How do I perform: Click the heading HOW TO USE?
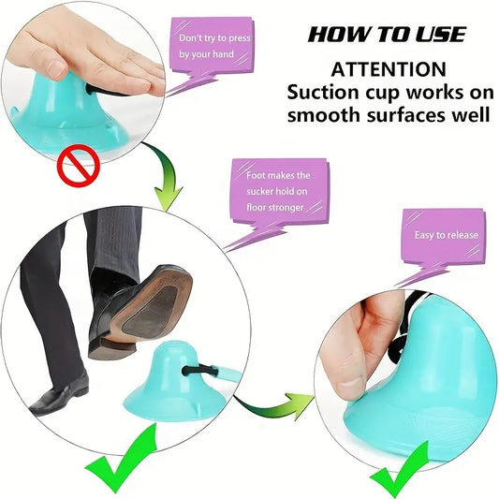pos(387,35)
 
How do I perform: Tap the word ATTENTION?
pos(387,70)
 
